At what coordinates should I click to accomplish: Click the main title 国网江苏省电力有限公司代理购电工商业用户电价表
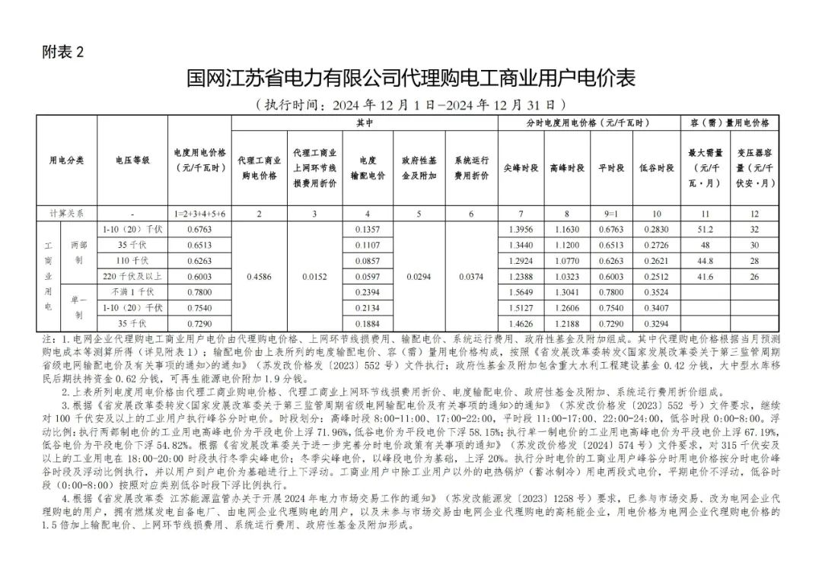pyautogui.click(x=410, y=79)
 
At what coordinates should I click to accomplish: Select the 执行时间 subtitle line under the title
pyautogui.click(x=410, y=104)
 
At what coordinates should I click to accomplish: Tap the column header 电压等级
pyautogui.click(x=132, y=160)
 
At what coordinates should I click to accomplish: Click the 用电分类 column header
pyautogui.click(x=67, y=160)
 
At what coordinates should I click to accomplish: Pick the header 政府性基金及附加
pyautogui.click(x=419, y=168)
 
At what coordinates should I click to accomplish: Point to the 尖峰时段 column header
pyautogui.click(x=521, y=167)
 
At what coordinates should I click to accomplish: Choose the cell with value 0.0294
pyautogui.click(x=419, y=277)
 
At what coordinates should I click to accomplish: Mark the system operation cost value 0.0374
pyautogui.click(x=471, y=277)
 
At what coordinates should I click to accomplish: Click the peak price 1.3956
pyautogui.click(x=521, y=229)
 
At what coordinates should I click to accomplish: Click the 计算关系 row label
pyautogui.click(x=66, y=214)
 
